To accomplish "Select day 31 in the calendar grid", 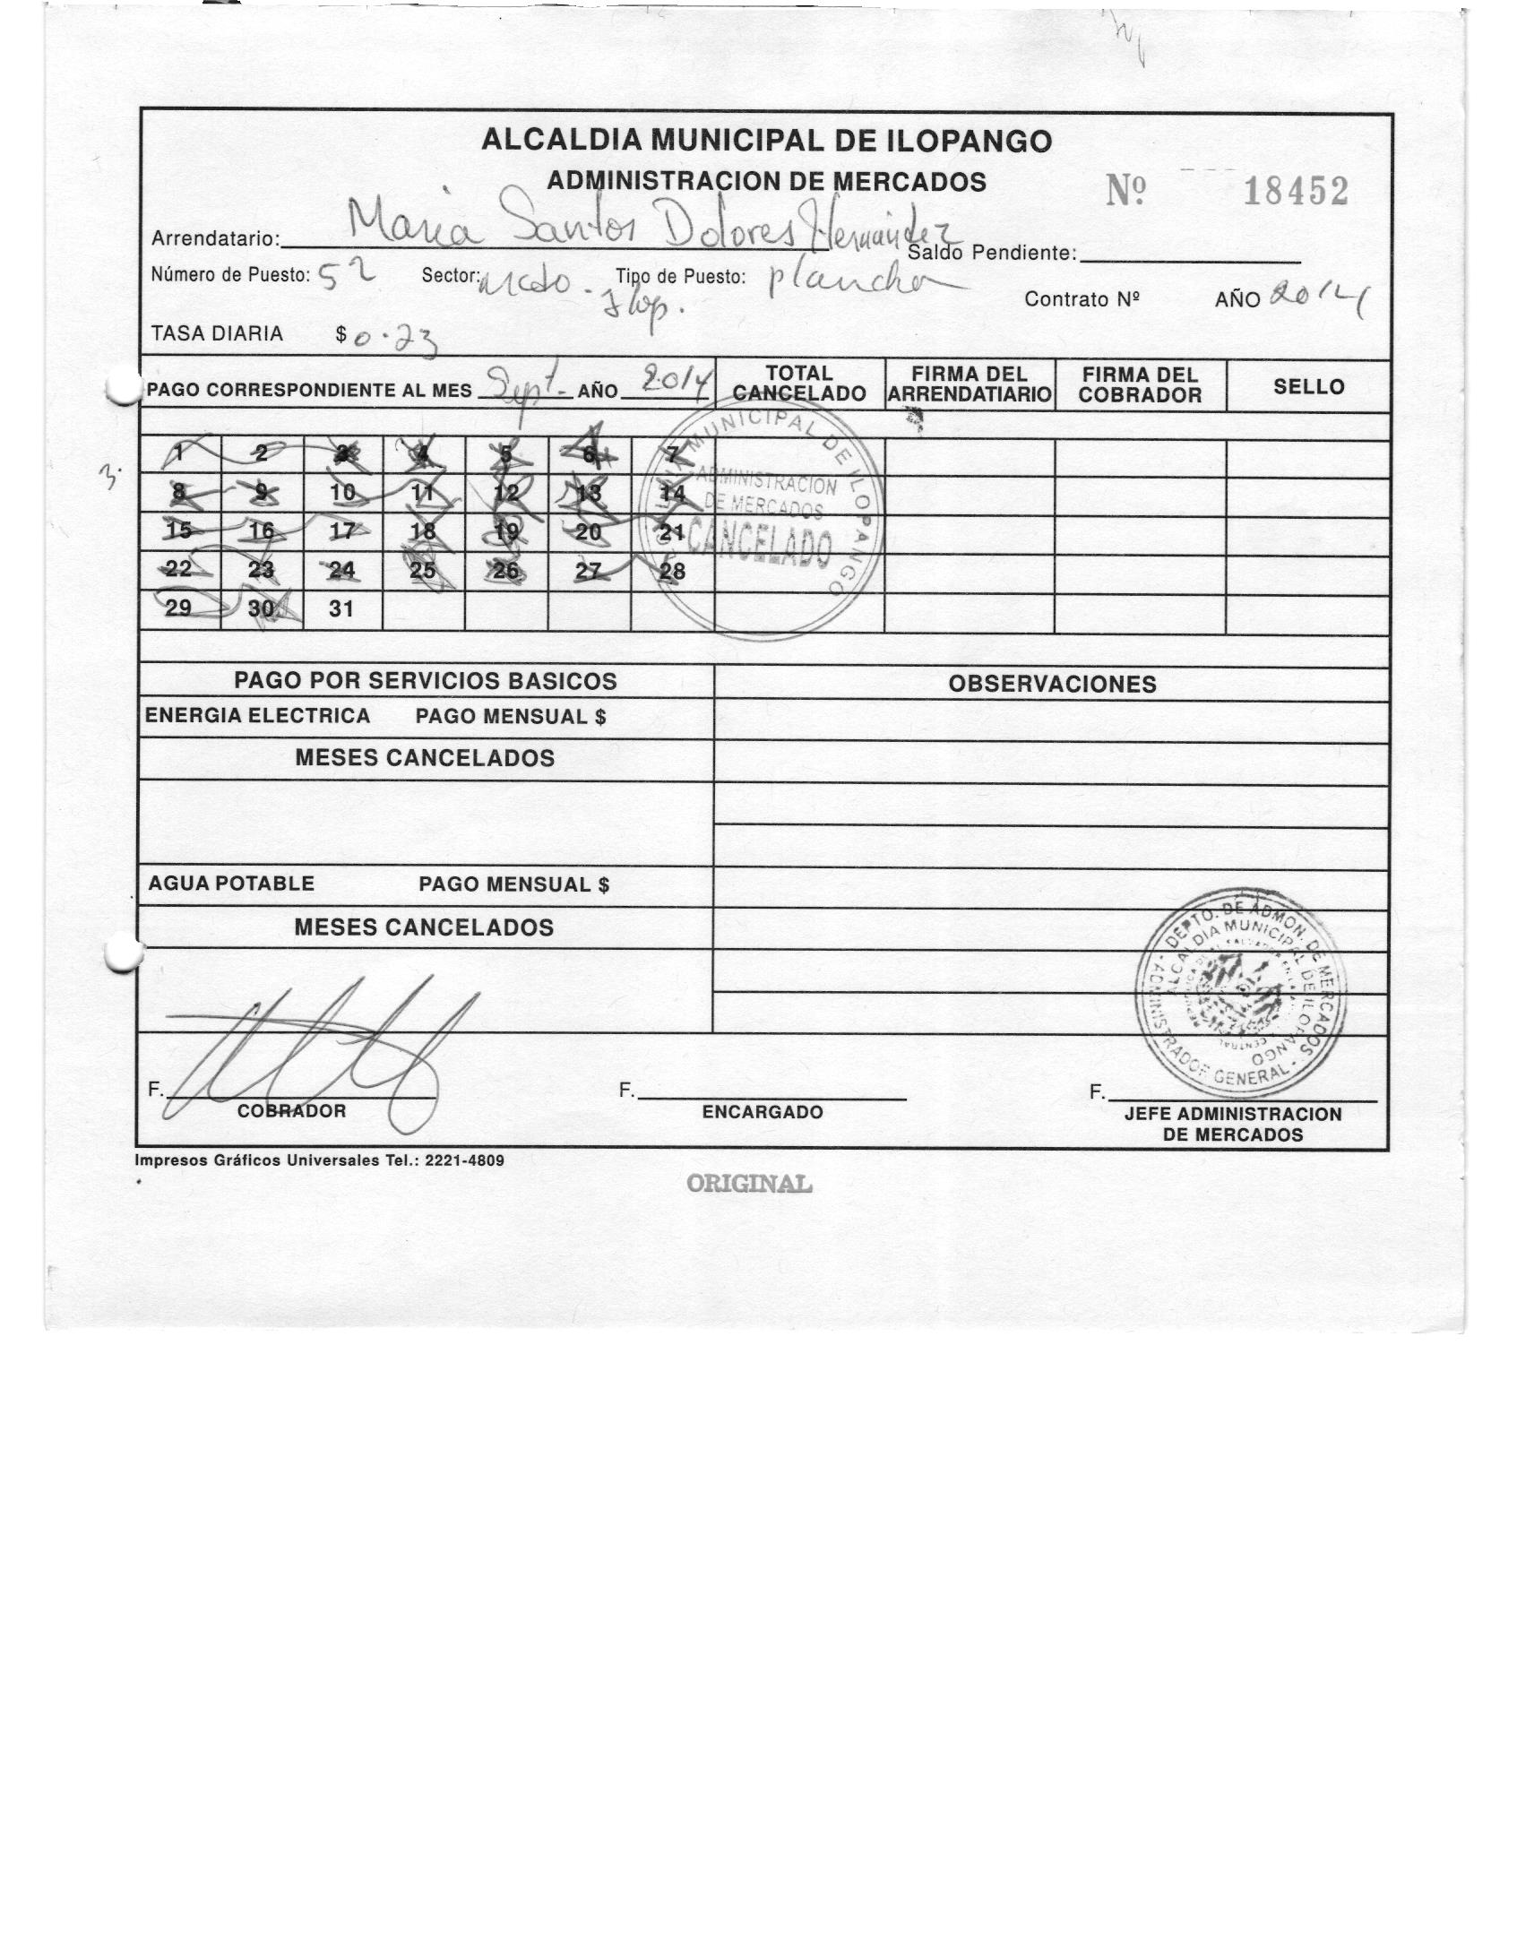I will pyautogui.click(x=341, y=609).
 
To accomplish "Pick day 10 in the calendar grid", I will pyautogui.click(x=343, y=492).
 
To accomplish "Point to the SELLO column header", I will pyautogui.click(x=1308, y=387).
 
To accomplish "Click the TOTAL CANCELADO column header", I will pyautogui.click(x=799, y=384).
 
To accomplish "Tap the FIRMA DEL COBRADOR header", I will pyautogui.click(x=1140, y=384).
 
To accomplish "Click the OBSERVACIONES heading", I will pyautogui.click(x=1052, y=684).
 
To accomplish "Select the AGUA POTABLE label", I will pyautogui.click(x=231, y=884).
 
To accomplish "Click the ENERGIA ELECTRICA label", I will pyautogui.click(x=257, y=716).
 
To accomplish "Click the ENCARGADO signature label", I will pyautogui.click(x=762, y=1112).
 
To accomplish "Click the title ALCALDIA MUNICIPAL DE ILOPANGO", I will pyautogui.click(x=766, y=141).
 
